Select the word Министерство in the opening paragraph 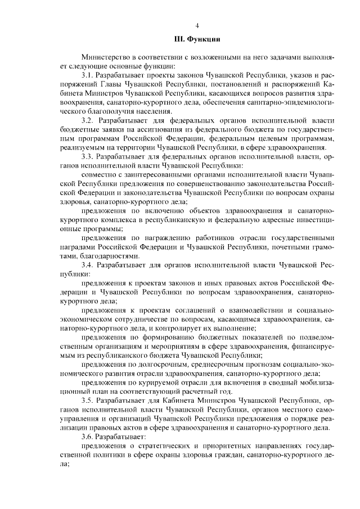105,58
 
